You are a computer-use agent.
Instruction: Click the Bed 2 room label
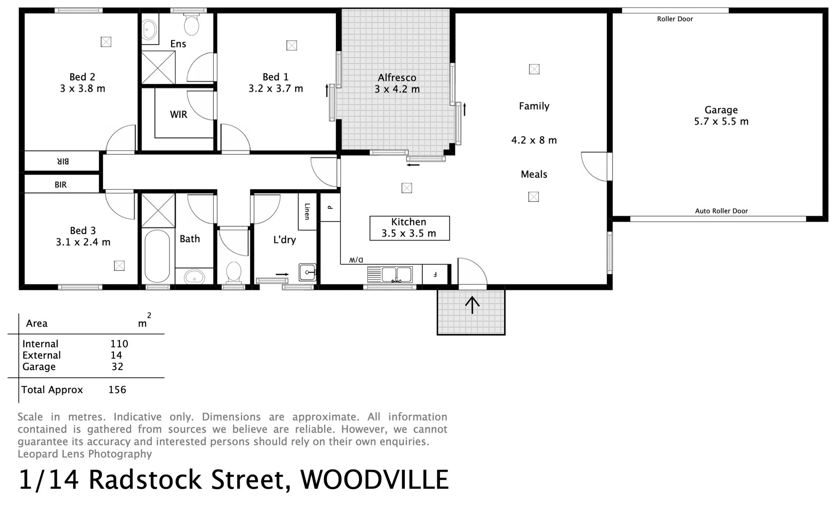pyautogui.click(x=82, y=77)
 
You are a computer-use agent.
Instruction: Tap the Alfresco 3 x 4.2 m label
pyautogui.click(x=397, y=83)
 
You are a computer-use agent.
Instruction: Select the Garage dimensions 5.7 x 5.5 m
pyautogui.click(x=721, y=122)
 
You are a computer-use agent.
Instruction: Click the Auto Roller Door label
pyautogui.click(x=721, y=211)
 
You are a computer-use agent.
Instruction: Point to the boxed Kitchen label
pyautogui.click(x=409, y=228)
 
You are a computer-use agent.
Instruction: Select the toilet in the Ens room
pyautogui.click(x=191, y=25)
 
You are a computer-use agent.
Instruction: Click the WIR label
pyautogui.click(x=179, y=114)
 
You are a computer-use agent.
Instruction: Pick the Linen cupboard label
pyautogui.click(x=307, y=211)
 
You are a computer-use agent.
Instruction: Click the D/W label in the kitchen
pyautogui.click(x=356, y=260)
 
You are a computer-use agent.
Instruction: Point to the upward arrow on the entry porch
pyautogui.click(x=472, y=305)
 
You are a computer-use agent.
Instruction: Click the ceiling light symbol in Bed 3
pyautogui.click(x=119, y=266)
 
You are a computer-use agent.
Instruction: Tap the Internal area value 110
pyautogui.click(x=119, y=344)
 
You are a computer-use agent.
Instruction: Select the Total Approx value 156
pyautogui.click(x=117, y=390)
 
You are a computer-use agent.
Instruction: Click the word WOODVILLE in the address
pyautogui.click(x=374, y=480)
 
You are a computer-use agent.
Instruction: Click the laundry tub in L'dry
pyautogui.click(x=307, y=272)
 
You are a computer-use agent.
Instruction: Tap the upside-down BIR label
pyautogui.click(x=63, y=161)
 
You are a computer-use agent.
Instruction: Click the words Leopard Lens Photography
pyautogui.click(x=85, y=454)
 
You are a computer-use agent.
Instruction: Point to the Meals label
pyautogui.click(x=534, y=174)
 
